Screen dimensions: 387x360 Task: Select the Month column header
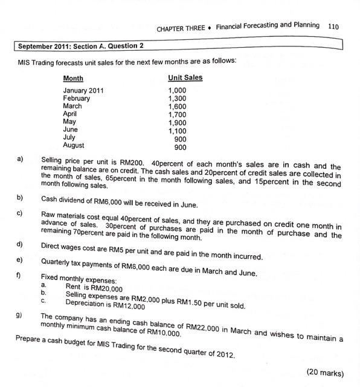pyautogui.click(x=73, y=79)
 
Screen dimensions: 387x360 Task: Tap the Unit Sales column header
pyautogui.click(x=185, y=78)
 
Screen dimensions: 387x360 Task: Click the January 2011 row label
pyautogui.click(x=83, y=91)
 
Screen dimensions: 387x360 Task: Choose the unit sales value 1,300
pyautogui.click(x=177, y=98)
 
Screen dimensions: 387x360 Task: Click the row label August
pyautogui.click(x=74, y=146)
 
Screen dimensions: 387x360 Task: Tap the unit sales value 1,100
pyautogui.click(x=177, y=130)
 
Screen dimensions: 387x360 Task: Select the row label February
pyautogui.click(x=76, y=99)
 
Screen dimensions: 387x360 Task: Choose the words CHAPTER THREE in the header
pyautogui.click(x=180, y=28)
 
